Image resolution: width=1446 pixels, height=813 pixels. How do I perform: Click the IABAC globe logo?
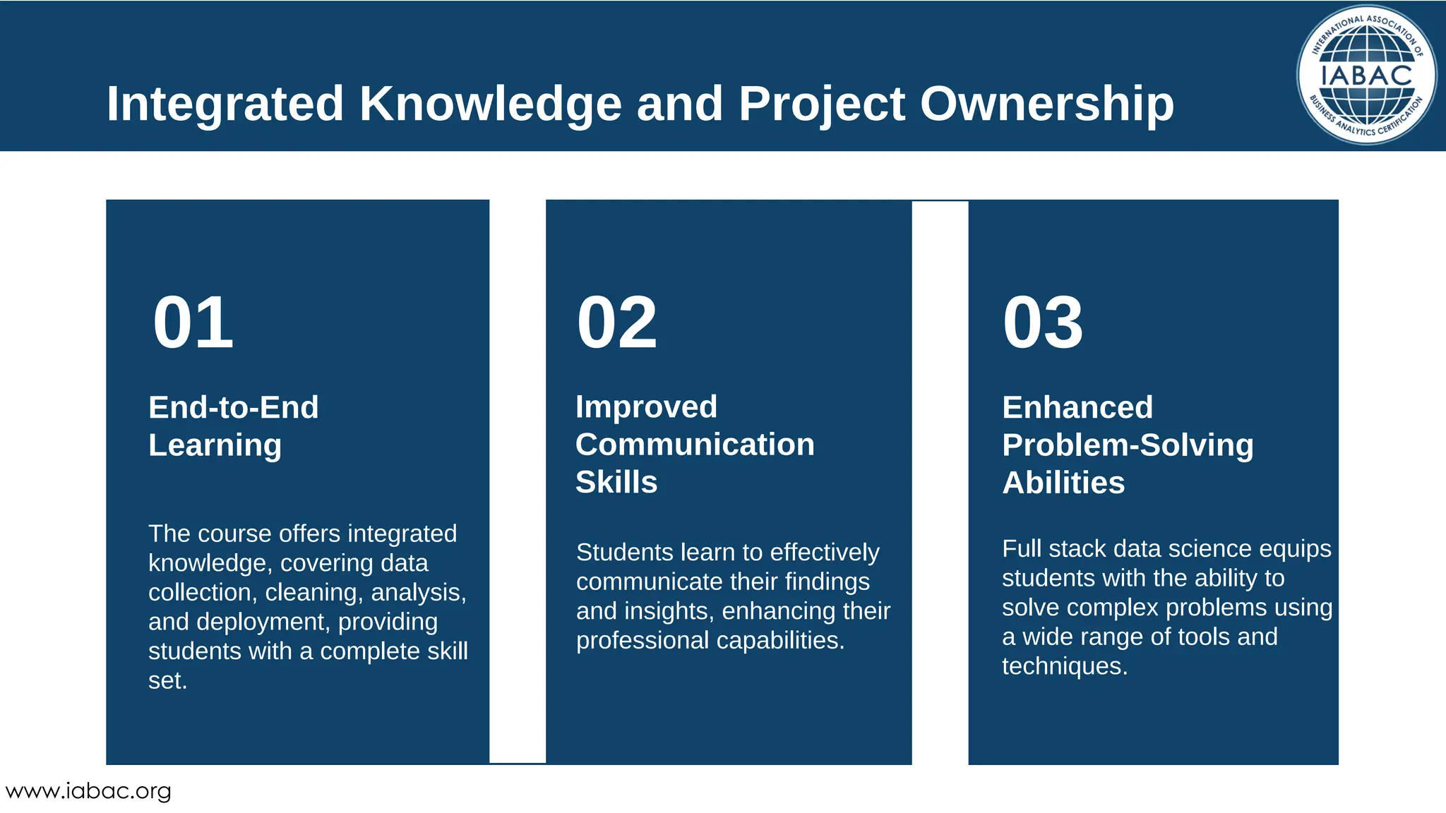1366,74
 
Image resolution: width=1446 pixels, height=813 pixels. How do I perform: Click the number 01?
193,323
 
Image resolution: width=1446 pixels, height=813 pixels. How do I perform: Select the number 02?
616,323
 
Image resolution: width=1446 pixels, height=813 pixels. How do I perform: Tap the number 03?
1042,323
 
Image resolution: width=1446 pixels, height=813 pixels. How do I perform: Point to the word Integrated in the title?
225,104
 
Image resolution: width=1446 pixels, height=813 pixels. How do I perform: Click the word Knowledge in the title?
490,104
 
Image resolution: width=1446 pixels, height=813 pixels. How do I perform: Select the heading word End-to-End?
233,407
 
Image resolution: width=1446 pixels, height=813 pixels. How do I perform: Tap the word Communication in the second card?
695,445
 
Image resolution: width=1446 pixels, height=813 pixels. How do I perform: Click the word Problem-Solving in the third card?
1128,445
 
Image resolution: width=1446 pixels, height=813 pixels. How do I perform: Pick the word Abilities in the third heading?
1063,483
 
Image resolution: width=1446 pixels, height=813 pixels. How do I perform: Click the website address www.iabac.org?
88,791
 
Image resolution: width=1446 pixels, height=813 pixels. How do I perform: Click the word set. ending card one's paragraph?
167,680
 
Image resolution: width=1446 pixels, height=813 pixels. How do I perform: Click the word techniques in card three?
1064,666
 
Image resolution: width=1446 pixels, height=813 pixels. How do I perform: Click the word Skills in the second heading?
616,482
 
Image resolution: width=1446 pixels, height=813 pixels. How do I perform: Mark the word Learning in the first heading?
215,445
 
